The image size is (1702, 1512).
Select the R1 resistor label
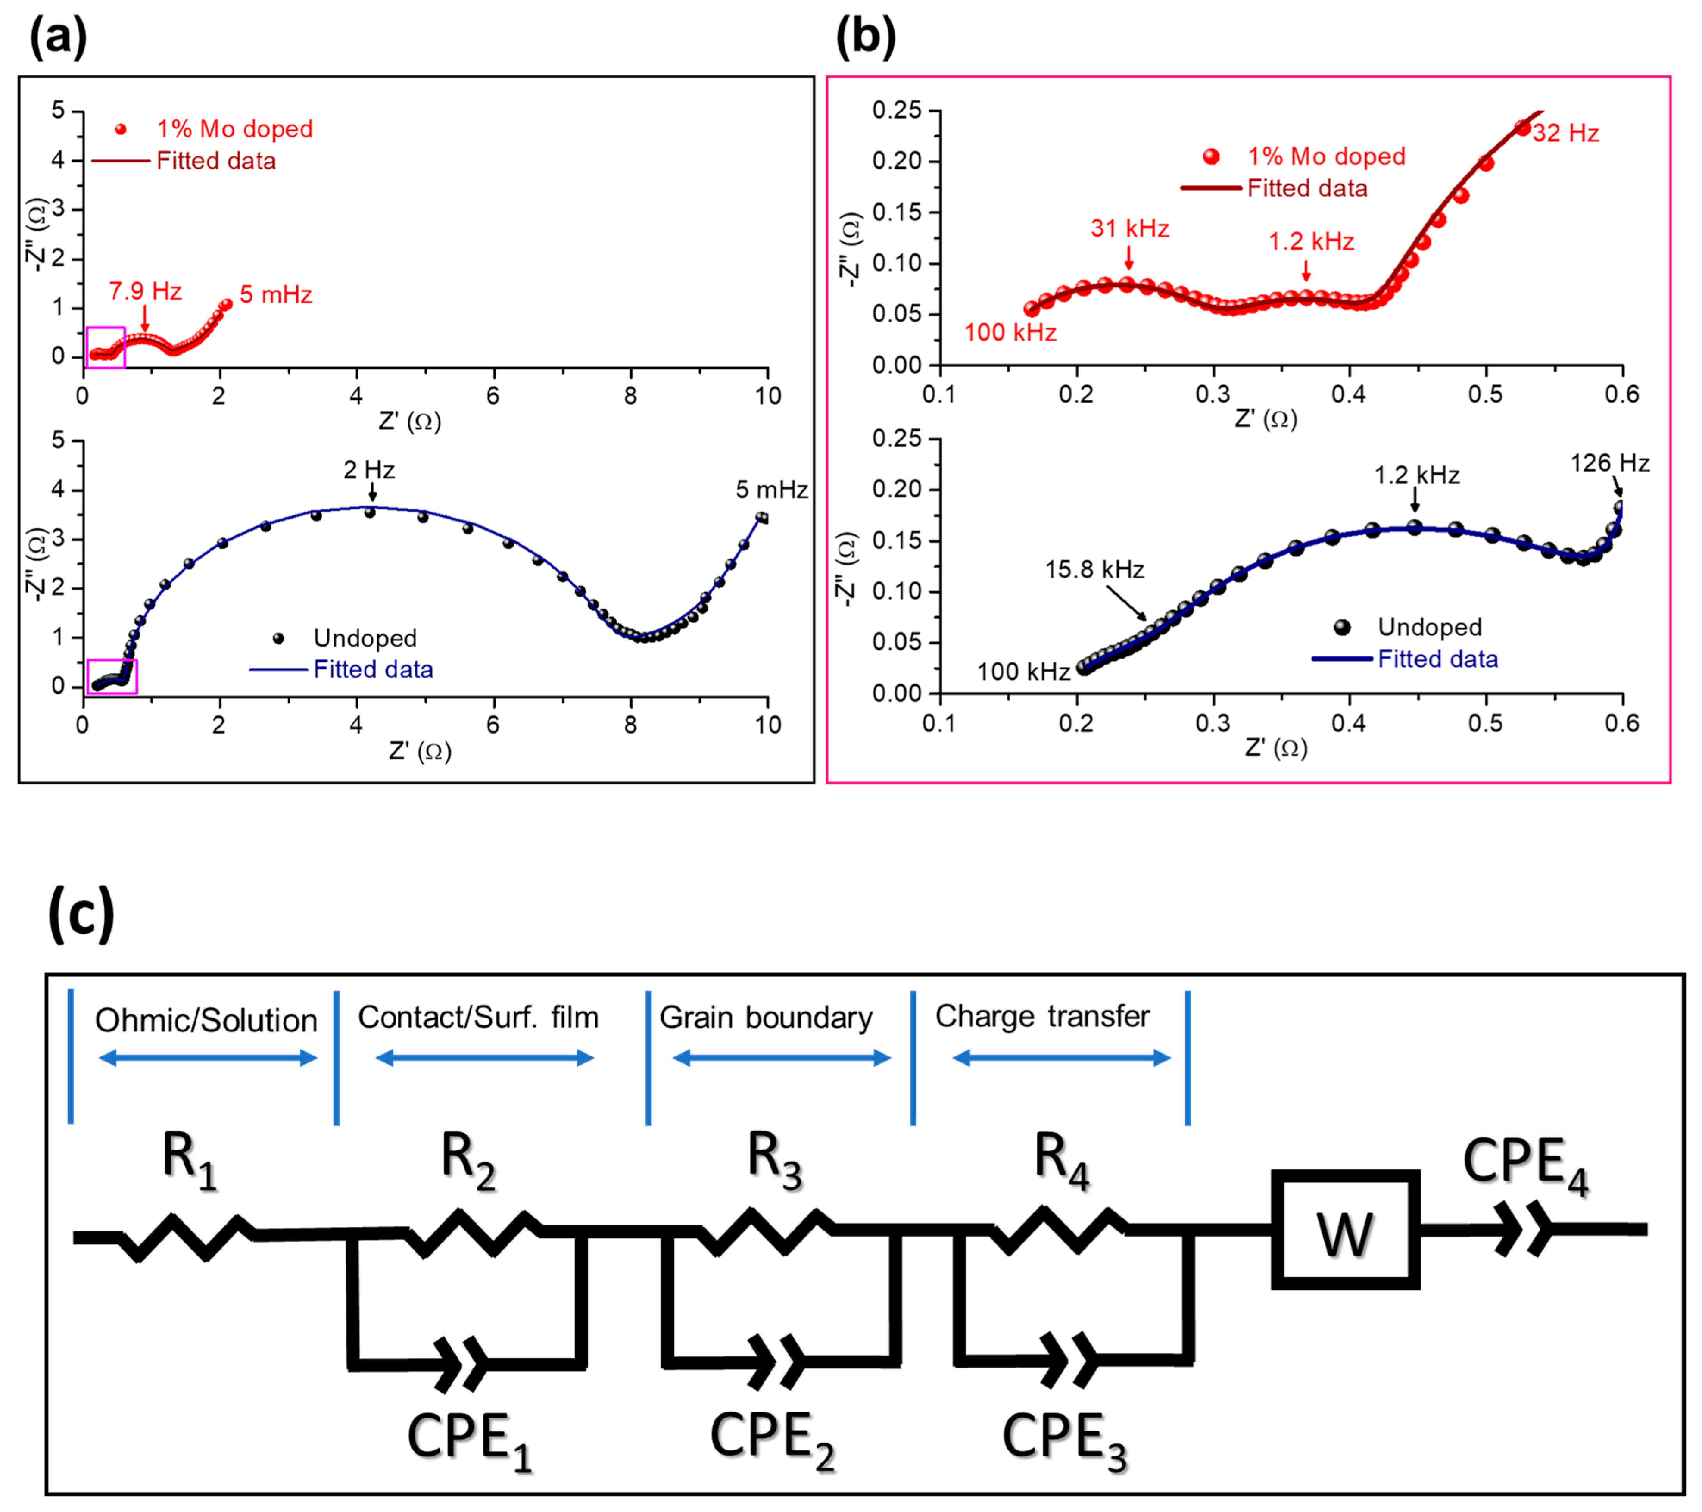(190, 1159)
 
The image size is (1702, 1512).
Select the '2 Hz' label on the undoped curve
(369, 470)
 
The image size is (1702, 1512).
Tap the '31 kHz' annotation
(1130, 228)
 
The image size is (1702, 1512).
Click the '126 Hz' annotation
(1609, 463)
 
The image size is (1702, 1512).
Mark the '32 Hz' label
(1565, 133)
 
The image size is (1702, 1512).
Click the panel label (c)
(81, 914)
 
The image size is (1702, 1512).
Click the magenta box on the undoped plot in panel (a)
(112, 676)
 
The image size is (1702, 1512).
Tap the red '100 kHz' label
(1010, 332)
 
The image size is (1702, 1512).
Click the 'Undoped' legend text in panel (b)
(1429, 627)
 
